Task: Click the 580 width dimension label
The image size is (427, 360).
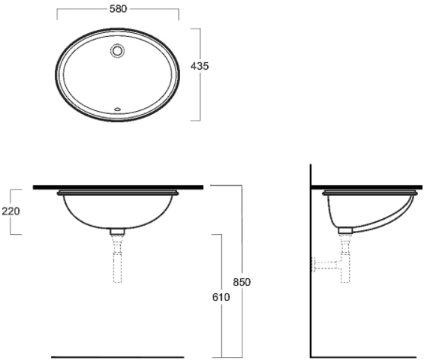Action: [118, 9]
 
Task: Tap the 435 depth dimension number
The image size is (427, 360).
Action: [200, 66]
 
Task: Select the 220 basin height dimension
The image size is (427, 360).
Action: [11, 211]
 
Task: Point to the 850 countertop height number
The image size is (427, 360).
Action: [242, 282]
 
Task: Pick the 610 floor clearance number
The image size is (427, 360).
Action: [221, 297]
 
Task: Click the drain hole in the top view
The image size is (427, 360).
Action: [118, 50]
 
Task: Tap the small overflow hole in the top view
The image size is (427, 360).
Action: [118, 109]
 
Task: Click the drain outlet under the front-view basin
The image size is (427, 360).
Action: [117, 232]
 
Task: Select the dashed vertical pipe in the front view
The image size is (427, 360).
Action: [117, 259]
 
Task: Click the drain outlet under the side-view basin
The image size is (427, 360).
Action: [345, 230]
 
